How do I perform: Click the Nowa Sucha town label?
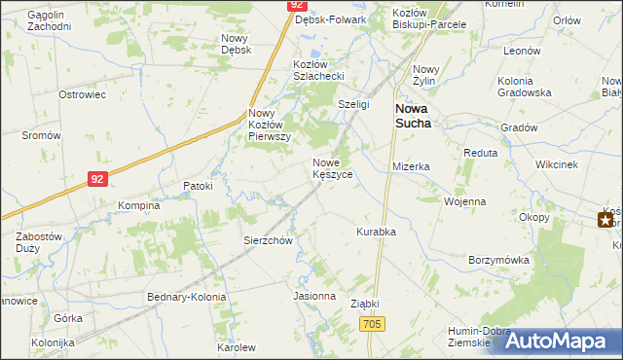pyautogui.click(x=414, y=116)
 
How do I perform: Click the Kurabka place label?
pyautogui.click(x=376, y=232)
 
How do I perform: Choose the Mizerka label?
pyautogui.click(x=411, y=166)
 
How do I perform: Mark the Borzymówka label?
pyautogui.click(x=498, y=260)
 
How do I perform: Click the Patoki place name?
pyautogui.click(x=198, y=184)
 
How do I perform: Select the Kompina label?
pyautogui.click(x=139, y=206)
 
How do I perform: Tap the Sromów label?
pyautogui.click(x=42, y=135)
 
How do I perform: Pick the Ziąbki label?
pyautogui.click(x=364, y=304)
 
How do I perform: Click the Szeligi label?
pyautogui.click(x=354, y=104)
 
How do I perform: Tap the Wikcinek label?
pyautogui.click(x=557, y=164)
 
